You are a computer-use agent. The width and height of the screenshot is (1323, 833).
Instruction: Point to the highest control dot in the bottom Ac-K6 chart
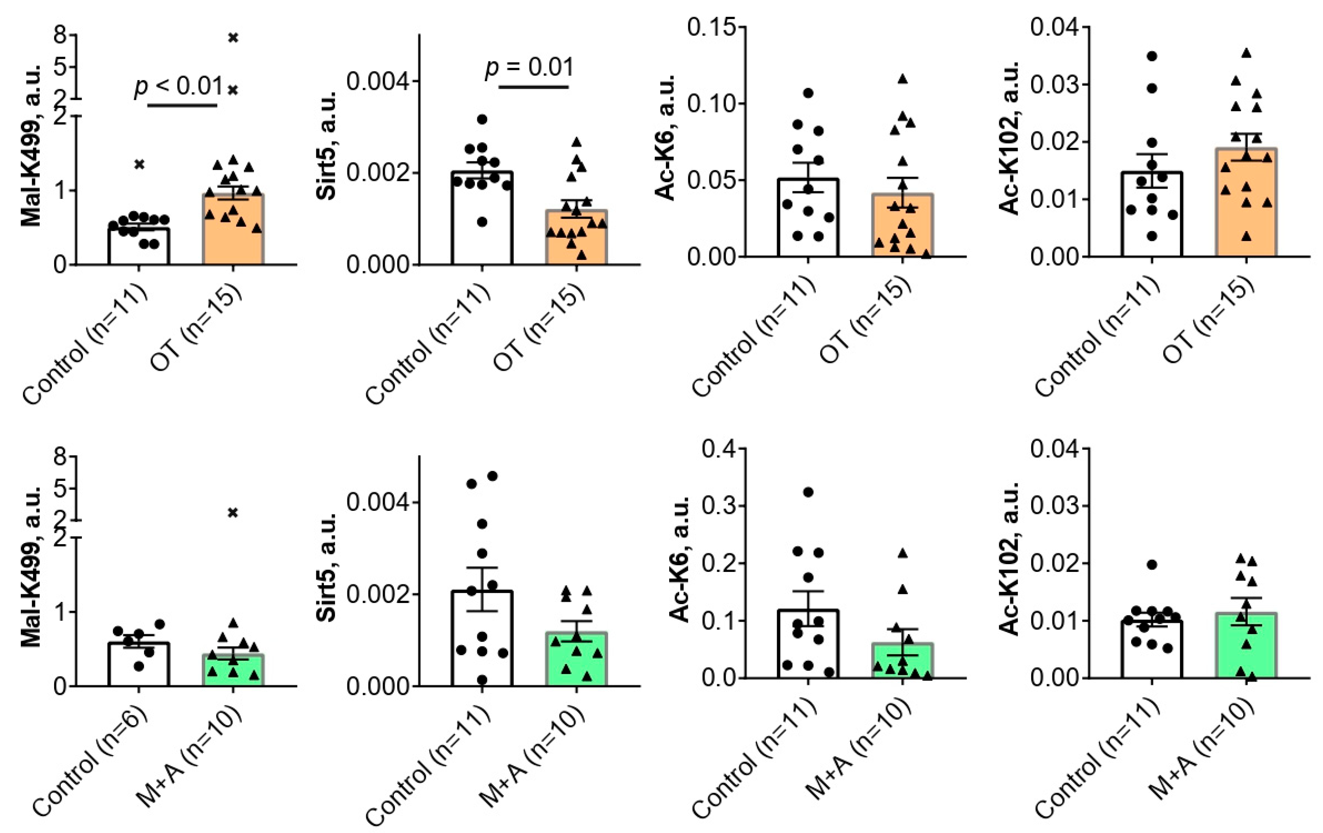pyautogui.click(x=808, y=492)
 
